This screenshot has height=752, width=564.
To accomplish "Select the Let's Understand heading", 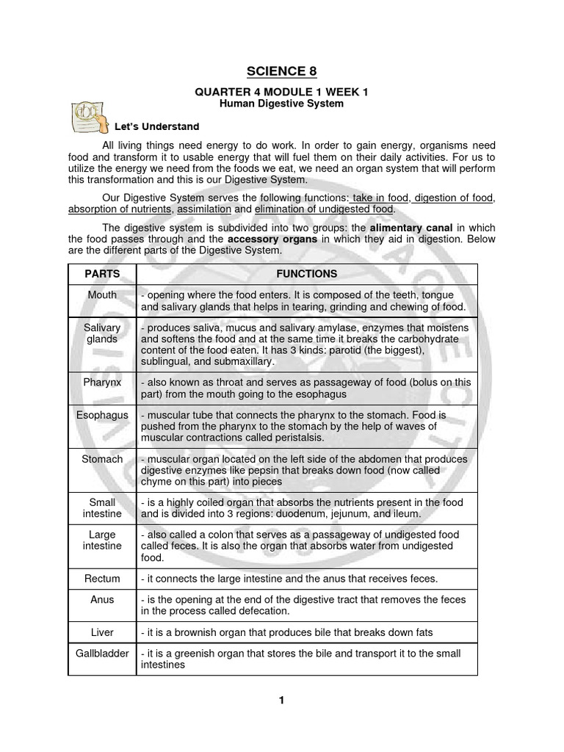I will pos(156,126).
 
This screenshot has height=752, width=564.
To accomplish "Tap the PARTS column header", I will pos(102,274).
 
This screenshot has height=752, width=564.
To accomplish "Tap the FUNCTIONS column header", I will pos(306,274).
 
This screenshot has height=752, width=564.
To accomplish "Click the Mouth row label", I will pos(102,294).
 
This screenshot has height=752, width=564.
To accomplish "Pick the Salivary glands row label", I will pos(102,333).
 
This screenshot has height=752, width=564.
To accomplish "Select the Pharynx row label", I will pos(102,382).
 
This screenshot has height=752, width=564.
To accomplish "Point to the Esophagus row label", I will pos(102,415).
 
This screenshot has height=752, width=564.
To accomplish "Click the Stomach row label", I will pos(102,459).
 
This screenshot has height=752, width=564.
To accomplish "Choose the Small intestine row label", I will pos(102,508).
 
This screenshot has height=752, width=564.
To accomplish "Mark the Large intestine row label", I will pos(102,540).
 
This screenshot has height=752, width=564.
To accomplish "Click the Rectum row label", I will pos(102,579).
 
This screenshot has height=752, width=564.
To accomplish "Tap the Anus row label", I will pos(102,599).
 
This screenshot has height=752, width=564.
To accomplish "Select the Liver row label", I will pos(102,632).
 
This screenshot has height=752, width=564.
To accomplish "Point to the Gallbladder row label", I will pos(102,653).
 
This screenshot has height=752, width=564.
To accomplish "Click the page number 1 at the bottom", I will pos(281,700).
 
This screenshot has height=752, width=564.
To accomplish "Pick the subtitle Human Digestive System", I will pos(282,104).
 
